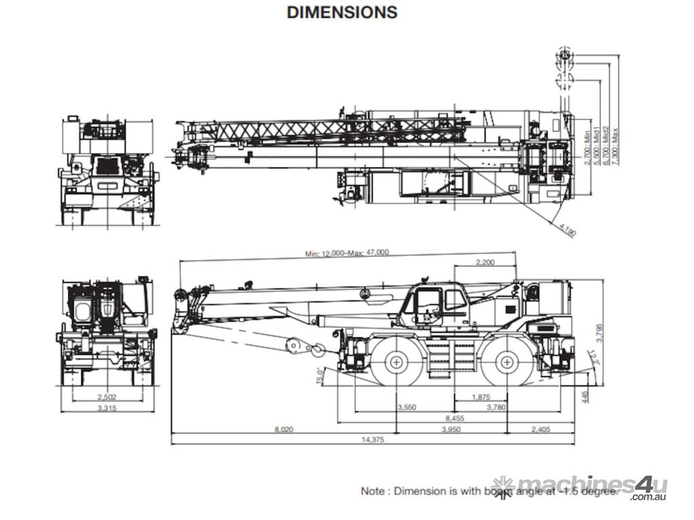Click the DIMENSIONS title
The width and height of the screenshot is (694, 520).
[x=342, y=12]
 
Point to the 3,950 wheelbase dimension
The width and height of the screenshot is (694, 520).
[x=451, y=429]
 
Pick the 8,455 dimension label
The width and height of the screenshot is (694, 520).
[x=454, y=418]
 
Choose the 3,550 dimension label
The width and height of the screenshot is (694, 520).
[x=406, y=407]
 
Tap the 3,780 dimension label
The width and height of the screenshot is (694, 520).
[x=496, y=407]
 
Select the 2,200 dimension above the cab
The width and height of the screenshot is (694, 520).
[x=485, y=262]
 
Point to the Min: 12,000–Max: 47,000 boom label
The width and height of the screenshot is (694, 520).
[x=347, y=253]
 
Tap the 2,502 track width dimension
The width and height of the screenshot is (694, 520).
[x=107, y=397]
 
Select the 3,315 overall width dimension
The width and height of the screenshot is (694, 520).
[x=107, y=408]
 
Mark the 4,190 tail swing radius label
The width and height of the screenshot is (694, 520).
[x=568, y=231]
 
